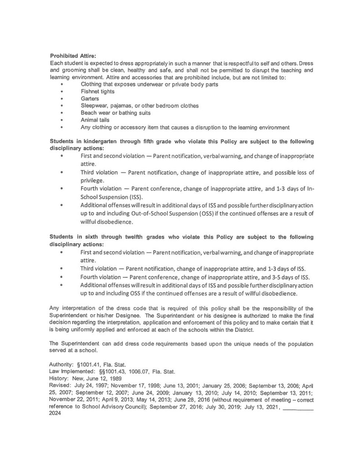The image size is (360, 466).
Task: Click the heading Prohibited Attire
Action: click(x=73, y=56)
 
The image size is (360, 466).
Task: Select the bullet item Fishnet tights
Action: click(x=97, y=92)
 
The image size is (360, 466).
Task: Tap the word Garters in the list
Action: click(x=90, y=98)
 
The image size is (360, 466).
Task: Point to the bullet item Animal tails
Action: click(x=95, y=120)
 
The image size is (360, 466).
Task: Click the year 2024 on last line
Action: click(x=55, y=413)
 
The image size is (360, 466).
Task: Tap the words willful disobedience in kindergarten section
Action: click(x=106, y=222)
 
